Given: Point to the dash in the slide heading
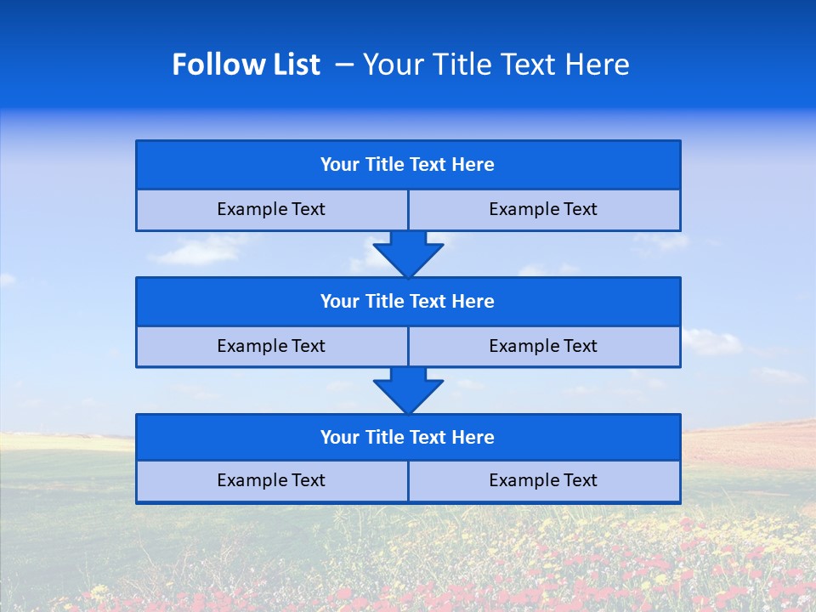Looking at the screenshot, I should tap(344, 65).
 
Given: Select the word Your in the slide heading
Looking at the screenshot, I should tap(393, 65).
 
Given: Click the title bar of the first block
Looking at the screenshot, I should tap(408, 165).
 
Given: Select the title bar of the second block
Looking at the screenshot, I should tap(408, 302).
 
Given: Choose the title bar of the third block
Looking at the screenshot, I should tap(408, 438).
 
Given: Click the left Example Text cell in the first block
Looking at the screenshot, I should tap(271, 210).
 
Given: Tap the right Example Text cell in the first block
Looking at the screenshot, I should tap(544, 210).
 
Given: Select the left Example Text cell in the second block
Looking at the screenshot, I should tap(271, 347).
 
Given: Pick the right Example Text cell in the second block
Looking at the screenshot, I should tap(544, 347).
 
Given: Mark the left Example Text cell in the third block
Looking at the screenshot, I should tap(271, 481).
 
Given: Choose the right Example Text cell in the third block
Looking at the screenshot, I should tap(544, 481).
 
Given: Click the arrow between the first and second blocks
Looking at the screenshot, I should tap(408, 254).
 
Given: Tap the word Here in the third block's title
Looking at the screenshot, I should tap(473, 438).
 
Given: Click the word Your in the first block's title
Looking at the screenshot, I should tap(340, 165).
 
